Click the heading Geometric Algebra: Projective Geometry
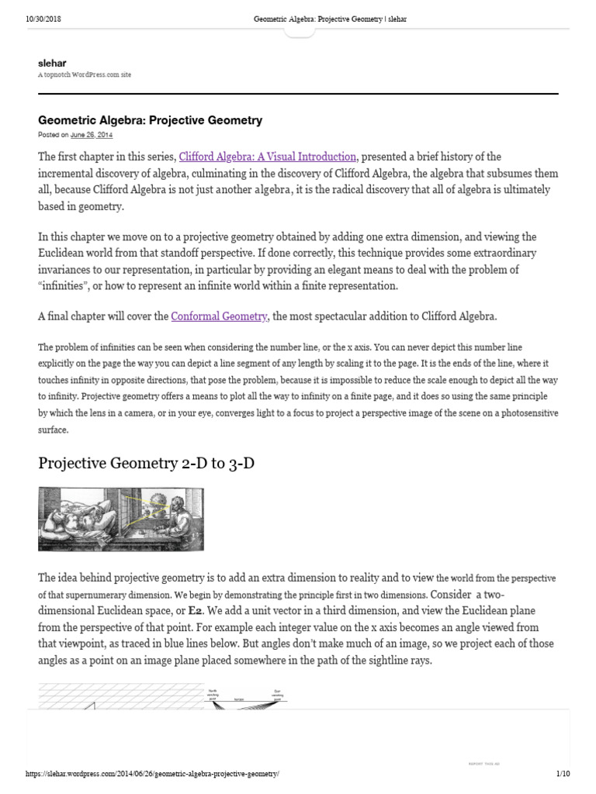coord(151,120)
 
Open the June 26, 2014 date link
coord(92,134)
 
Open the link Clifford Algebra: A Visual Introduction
coord(268,156)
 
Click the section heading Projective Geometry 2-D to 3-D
coord(147,463)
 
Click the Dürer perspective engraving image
coord(121,519)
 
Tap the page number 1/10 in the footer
coord(563,774)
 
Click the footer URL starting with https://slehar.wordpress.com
coord(152,774)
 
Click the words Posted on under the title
coord(54,134)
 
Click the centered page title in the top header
coord(330,19)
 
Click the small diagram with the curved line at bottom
coord(246,695)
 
